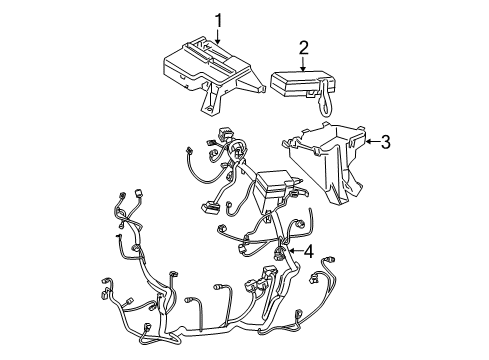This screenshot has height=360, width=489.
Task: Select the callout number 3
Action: pos(386,141)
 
